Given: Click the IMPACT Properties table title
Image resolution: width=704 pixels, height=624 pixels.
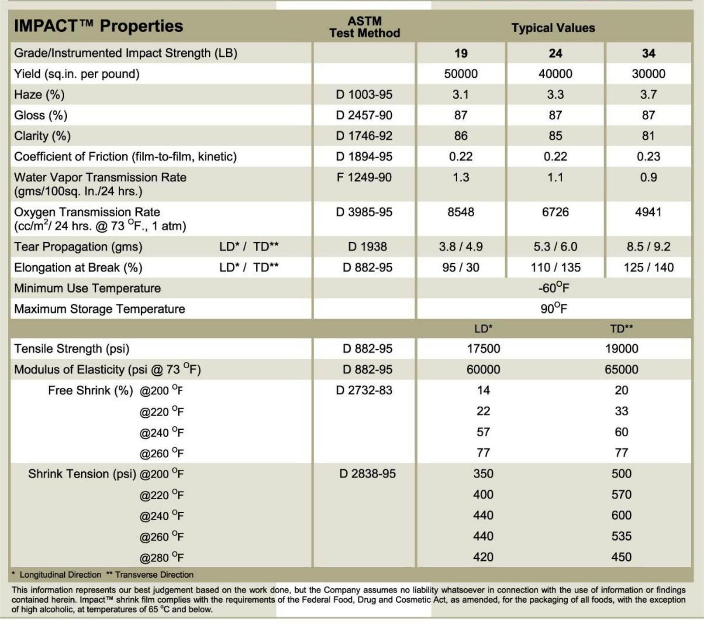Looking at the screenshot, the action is coord(98,26).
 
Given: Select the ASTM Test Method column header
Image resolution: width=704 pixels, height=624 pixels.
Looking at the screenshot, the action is coord(365,27).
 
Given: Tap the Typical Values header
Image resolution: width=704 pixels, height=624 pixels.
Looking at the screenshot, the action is coord(553,28).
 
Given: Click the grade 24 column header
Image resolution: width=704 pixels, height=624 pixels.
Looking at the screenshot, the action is coord(555,53).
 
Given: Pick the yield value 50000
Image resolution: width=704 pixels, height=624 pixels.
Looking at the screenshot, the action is coord(461,74).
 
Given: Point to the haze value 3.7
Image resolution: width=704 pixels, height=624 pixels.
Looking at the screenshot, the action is coord(649,95).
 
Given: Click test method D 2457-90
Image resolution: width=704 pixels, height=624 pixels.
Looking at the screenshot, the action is coord(364,115).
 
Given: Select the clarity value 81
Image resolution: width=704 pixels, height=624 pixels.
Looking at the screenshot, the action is coord(649,136).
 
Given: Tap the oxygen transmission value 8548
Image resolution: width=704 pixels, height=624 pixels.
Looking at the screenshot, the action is coord(461,212).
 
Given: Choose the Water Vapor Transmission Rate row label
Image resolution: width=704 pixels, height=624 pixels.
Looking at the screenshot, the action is coord(100,184).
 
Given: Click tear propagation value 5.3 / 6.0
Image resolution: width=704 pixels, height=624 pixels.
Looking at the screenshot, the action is coord(555,247).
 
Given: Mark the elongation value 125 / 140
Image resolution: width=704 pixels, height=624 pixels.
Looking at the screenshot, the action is coord(649,267).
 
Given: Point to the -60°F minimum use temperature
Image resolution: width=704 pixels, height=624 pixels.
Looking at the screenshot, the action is coord(554,288).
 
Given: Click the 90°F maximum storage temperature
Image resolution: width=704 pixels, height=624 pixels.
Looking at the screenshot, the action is coord(554,309).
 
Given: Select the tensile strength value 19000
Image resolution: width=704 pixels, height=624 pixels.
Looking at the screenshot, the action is coord(621,349).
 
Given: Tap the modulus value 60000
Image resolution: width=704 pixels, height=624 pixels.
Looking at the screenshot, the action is coord(483,370).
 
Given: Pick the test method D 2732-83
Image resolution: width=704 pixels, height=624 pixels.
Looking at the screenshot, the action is coord(364,390).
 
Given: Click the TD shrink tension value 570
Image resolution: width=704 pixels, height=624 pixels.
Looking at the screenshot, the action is coord(621,494).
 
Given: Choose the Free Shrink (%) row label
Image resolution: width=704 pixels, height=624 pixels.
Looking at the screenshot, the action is coord(90,391).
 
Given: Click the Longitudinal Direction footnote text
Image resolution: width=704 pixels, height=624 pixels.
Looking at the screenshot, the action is coord(60,575).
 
